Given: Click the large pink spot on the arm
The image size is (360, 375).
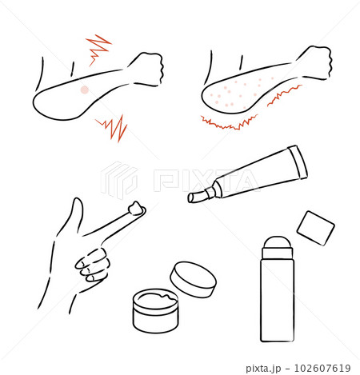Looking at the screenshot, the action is [85, 90].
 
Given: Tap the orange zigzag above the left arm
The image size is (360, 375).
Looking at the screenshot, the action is [98, 50].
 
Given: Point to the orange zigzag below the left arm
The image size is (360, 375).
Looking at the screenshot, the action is [113, 128].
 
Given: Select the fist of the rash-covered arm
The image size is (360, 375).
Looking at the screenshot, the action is [316, 62].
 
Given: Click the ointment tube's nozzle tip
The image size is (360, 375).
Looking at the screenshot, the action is [193, 197].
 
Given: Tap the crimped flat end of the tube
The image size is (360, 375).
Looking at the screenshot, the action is [298, 162].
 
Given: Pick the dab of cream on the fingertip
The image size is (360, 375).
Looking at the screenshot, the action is [137, 208].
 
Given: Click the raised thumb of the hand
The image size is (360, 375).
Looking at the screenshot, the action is [77, 213].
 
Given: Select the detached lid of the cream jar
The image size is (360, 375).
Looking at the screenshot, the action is [193, 279].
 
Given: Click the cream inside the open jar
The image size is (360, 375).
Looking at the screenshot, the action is [156, 298].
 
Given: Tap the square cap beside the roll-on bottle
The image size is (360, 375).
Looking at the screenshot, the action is [315, 228].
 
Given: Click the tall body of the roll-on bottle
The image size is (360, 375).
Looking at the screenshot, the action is [278, 300].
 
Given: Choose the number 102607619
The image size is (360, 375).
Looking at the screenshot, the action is [322, 368].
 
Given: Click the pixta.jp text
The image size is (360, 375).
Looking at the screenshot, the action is [263, 369].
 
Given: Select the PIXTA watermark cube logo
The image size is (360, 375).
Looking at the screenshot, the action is [119, 180].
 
